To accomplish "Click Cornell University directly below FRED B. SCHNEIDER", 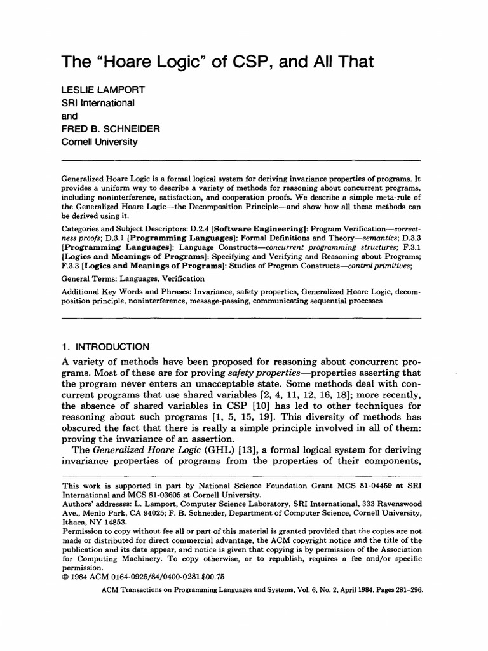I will (99, 142).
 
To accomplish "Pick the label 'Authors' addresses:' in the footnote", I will (96, 502).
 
